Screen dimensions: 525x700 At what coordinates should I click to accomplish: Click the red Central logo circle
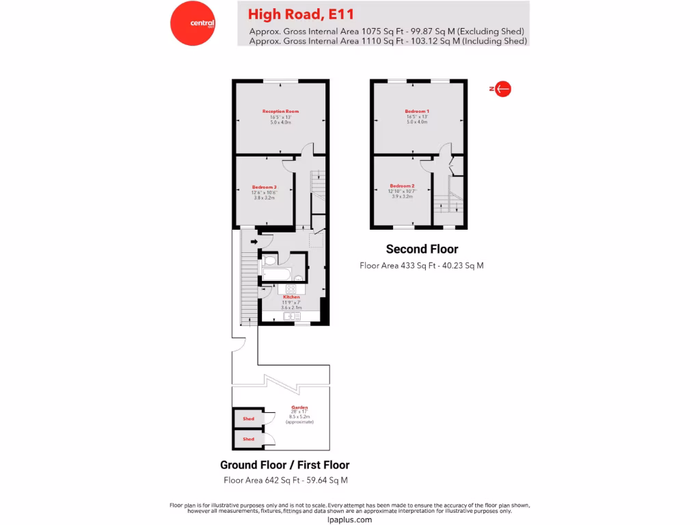click(193, 23)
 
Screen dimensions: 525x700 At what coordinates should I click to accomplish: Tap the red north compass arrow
click(502, 89)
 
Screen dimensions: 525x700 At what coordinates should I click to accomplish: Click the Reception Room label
click(280, 111)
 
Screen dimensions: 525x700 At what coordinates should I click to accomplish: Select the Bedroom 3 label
click(264, 187)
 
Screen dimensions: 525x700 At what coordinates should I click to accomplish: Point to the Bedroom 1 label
click(417, 111)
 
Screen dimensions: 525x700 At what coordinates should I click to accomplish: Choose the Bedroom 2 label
click(402, 185)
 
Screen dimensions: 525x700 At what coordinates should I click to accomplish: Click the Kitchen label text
click(291, 297)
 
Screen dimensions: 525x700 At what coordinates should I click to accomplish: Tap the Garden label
click(299, 407)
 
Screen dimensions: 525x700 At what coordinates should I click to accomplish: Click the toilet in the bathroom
click(269, 260)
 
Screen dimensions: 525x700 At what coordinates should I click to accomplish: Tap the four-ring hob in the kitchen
click(291, 288)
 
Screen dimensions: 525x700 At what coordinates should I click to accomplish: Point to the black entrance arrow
click(254, 241)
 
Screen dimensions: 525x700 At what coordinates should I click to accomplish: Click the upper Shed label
click(248, 418)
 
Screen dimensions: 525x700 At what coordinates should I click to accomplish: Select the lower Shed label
click(248, 439)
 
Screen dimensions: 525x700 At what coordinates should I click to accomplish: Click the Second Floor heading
click(422, 249)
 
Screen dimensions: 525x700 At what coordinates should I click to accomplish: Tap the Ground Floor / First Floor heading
click(284, 465)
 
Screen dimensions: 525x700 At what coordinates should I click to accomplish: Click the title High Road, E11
click(301, 14)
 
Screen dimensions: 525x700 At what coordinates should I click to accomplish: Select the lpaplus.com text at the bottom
click(350, 520)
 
